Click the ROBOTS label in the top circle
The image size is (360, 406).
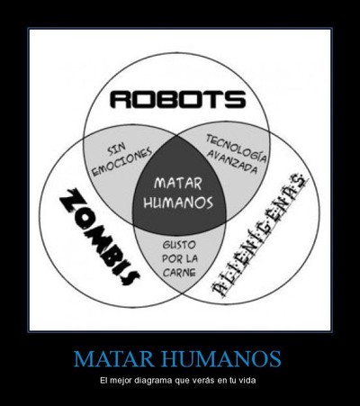[x=178, y=100]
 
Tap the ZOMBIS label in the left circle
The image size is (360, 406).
[x=99, y=237]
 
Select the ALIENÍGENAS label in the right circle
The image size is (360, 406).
[x=259, y=235]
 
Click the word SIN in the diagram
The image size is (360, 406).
[x=117, y=150]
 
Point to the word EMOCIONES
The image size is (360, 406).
[x=121, y=163]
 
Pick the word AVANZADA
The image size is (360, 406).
[x=232, y=162]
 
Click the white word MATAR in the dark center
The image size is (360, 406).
[x=178, y=183]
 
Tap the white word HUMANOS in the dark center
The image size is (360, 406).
[x=178, y=202]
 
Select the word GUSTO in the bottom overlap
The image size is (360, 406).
[x=179, y=245]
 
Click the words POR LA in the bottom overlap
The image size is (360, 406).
[x=180, y=258]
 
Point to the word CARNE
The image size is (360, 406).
[x=179, y=272]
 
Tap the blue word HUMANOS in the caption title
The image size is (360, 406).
[x=222, y=358]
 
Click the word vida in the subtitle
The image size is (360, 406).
[x=248, y=381]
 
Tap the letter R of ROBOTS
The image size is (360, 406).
[x=121, y=100]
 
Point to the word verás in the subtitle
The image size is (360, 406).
[x=205, y=381]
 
